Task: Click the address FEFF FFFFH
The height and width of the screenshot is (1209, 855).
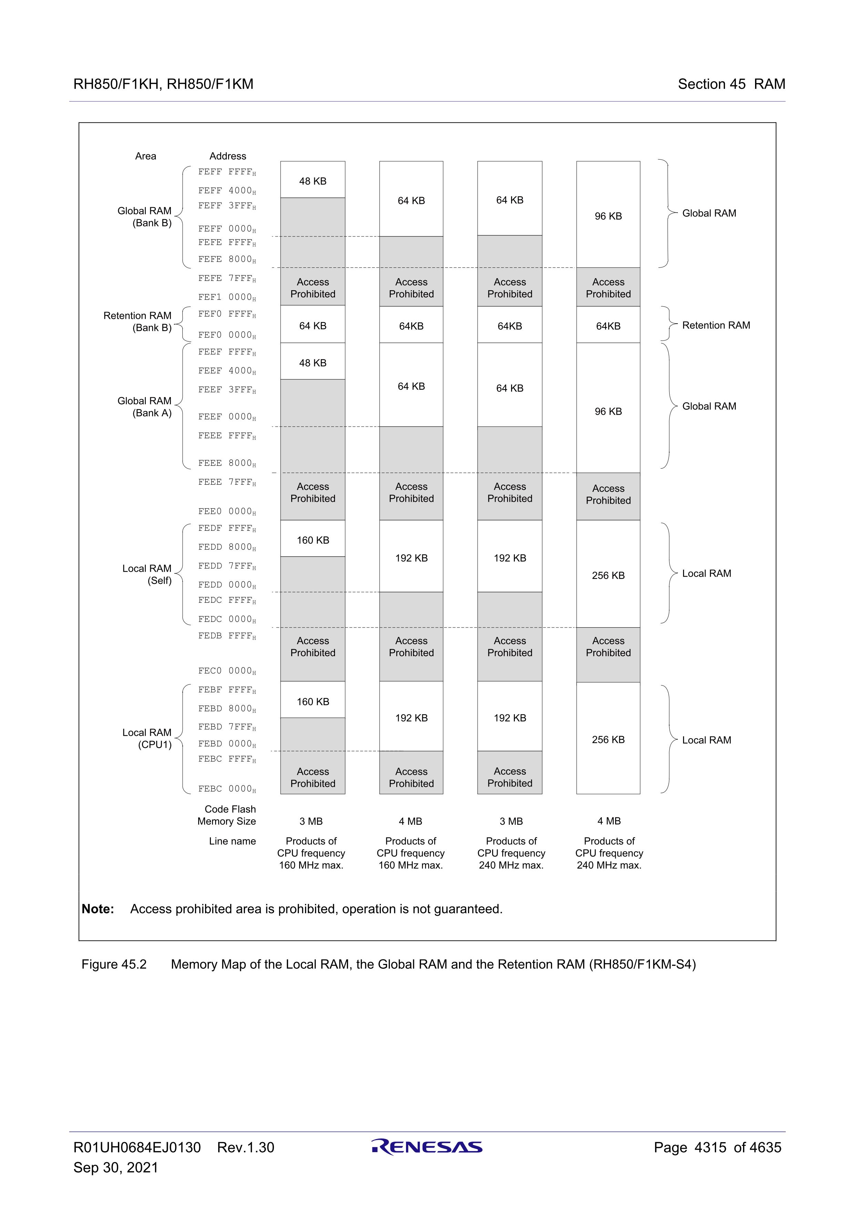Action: coord(227,172)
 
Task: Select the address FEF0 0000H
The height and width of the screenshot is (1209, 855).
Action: coord(227,335)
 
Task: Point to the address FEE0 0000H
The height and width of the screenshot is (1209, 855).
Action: coord(227,511)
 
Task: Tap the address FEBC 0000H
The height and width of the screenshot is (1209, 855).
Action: coord(227,789)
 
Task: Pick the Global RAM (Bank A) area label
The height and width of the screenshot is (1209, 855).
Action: coord(145,407)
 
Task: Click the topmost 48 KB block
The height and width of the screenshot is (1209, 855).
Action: coord(313,181)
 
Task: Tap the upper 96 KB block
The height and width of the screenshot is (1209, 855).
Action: coord(608,216)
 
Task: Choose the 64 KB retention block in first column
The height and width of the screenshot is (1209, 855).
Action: coord(313,326)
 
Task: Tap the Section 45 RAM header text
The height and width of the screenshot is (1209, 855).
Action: coord(731,84)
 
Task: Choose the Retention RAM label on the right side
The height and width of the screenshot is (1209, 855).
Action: coord(716,325)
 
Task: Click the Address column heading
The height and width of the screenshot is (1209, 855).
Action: coord(227,156)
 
